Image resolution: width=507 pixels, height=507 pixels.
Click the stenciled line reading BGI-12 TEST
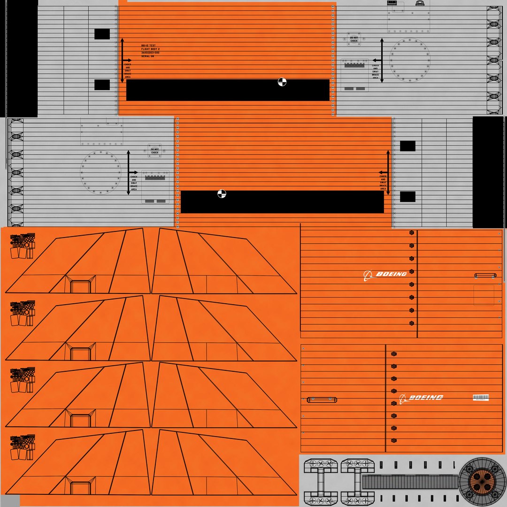[x=150, y=46]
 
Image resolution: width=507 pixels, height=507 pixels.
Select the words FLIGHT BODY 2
[x=151, y=49]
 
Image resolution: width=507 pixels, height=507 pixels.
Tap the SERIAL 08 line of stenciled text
[x=148, y=56]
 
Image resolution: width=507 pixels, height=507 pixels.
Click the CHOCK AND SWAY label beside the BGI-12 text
[x=128, y=70]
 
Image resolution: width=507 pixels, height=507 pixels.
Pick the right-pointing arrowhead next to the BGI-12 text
[x=130, y=60]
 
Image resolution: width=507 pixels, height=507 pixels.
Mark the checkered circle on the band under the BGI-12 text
[x=282, y=82]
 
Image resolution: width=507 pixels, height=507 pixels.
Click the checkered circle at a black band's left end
[x=222, y=194]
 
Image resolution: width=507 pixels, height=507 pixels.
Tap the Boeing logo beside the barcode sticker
[x=421, y=398]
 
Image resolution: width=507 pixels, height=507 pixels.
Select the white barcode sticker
[x=481, y=398]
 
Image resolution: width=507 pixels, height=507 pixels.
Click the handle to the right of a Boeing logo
[x=485, y=276]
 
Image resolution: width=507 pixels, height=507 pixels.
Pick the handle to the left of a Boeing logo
[x=322, y=399]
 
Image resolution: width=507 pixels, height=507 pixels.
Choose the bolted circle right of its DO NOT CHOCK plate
[x=410, y=60]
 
